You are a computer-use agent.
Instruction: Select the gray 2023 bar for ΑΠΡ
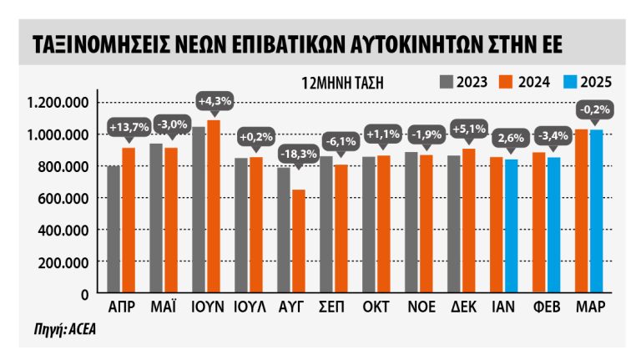click(x=114, y=229)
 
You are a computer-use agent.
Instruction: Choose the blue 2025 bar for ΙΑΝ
click(x=511, y=226)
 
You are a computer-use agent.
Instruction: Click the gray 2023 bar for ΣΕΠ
click(x=326, y=225)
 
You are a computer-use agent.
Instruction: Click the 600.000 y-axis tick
click(x=63, y=198)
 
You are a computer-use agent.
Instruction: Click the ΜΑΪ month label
click(x=164, y=306)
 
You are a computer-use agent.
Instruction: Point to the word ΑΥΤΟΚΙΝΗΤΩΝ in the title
click(x=390, y=43)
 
